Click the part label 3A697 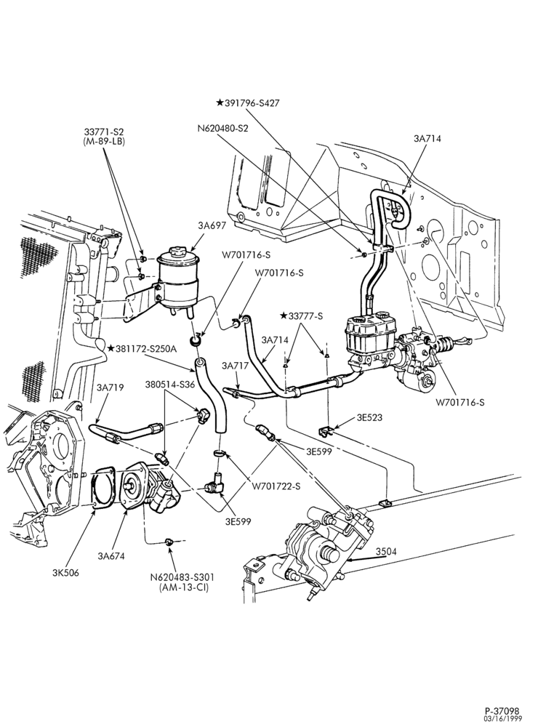212,226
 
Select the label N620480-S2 222,129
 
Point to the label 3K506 65,573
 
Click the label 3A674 111,555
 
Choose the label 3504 386,552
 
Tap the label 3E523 369,417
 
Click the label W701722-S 276,486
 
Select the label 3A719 111,387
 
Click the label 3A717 235,366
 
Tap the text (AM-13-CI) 182,587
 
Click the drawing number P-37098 502,711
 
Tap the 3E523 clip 326,432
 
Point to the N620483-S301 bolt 169,541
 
